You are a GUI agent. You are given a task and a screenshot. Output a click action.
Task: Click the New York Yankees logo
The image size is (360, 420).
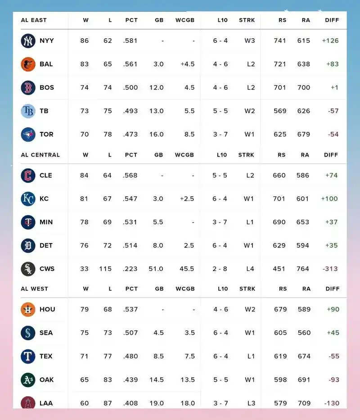[28, 41]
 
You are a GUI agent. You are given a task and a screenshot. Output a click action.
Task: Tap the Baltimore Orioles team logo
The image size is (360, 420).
[28, 64]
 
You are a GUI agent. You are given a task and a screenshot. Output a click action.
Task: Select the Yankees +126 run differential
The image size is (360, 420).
[330, 41]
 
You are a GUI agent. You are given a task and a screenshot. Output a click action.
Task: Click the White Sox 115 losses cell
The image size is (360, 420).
[105, 269]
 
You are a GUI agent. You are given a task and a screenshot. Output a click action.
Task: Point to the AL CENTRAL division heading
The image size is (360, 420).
[40, 155]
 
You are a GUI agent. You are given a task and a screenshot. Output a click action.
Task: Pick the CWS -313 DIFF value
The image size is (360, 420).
[330, 269]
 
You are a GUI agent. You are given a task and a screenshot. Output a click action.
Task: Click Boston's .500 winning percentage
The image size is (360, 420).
[130, 88]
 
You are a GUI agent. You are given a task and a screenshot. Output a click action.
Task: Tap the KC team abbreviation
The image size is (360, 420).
[44, 199]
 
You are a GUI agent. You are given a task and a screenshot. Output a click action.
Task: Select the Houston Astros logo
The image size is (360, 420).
[28, 309]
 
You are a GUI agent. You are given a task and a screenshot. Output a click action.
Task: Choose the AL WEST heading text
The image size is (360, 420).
[35, 289]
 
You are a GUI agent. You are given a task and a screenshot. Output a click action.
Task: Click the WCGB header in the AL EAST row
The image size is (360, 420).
[185, 20]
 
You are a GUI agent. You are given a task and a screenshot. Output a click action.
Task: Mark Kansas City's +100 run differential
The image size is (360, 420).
[329, 199]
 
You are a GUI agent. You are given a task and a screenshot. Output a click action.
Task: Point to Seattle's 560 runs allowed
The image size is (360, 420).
[304, 333]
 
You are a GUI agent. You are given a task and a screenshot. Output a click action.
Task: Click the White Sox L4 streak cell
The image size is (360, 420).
[250, 269]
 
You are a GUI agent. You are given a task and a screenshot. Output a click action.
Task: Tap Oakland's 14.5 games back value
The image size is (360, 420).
[157, 380]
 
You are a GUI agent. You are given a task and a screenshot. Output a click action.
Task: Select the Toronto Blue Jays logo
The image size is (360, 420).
[28, 135]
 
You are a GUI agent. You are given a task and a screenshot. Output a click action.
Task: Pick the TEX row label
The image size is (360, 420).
[46, 356]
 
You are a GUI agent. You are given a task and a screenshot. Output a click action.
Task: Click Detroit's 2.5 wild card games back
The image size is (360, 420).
[189, 245]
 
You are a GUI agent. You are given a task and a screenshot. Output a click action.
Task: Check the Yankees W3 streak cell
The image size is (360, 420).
[250, 41]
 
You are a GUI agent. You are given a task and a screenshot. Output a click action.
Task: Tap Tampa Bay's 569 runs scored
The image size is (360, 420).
[280, 111]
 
